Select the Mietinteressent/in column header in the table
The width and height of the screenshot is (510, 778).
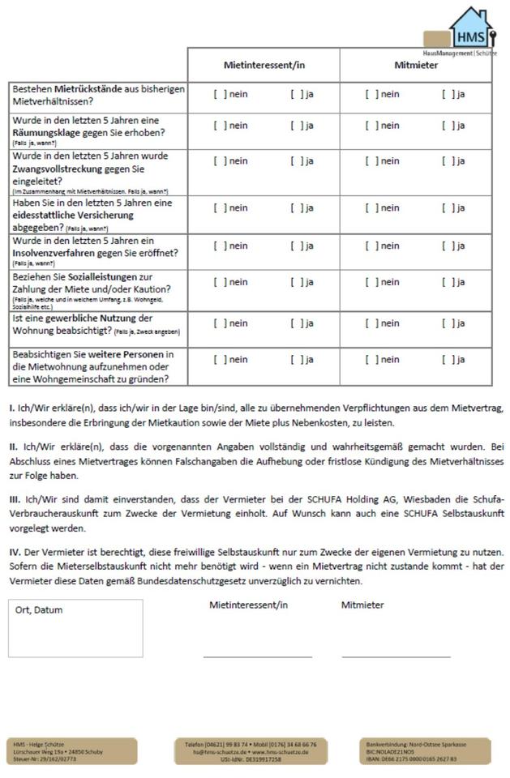pyautogui.click(x=264, y=65)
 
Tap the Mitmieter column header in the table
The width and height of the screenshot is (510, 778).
pyautogui.click(x=416, y=65)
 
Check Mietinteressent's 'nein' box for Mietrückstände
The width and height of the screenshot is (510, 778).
pyautogui.click(x=220, y=94)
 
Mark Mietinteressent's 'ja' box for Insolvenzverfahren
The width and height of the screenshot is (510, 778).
pyautogui.click(x=297, y=246)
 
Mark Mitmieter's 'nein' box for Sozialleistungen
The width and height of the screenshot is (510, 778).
pyautogui.click(x=371, y=282)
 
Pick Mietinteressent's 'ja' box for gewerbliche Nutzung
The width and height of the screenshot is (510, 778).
pyautogui.click(x=297, y=323)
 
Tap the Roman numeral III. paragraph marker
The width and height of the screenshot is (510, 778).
pyautogui.click(x=15, y=499)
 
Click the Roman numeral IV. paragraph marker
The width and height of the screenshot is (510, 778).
pyautogui.click(x=15, y=553)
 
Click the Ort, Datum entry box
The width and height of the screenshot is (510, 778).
pyautogui.click(x=75, y=628)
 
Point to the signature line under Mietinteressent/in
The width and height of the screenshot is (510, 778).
pyautogui.click(x=257, y=656)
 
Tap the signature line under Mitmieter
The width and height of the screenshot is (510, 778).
pyautogui.click(x=396, y=656)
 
